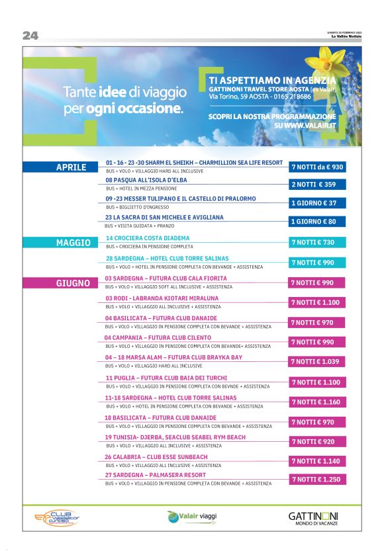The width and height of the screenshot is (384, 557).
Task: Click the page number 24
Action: [x=30, y=36]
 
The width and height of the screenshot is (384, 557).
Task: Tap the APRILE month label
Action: [x=71, y=167]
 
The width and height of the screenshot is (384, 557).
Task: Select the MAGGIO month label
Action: [x=73, y=243]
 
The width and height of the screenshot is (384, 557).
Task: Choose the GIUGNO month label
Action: [x=72, y=283]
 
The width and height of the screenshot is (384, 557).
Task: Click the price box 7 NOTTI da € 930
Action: [x=316, y=167]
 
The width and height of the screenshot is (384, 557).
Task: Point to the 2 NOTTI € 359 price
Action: [x=316, y=185]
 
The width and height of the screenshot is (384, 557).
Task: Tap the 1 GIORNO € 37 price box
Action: [x=316, y=203]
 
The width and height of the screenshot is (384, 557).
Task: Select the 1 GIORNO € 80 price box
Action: [x=316, y=222]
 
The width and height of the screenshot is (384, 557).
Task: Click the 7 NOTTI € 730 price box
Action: [x=316, y=243]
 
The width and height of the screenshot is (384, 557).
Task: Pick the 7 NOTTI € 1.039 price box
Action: [x=316, y=362]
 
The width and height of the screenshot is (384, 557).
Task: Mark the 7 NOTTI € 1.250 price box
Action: [x=316, y=480]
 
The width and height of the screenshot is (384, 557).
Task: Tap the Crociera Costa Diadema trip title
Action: [x=148, y=237]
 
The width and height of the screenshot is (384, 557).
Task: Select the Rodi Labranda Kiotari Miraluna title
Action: [x=162, y=298]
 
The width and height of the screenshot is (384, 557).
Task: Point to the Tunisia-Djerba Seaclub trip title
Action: [x=175, y=437]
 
